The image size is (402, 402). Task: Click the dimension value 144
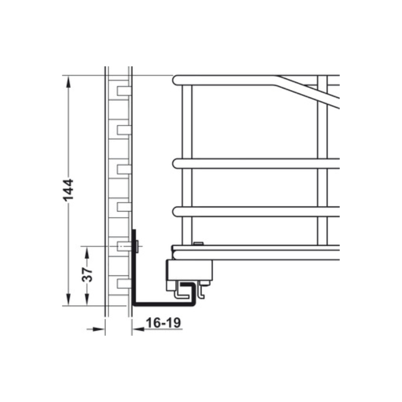(x=69, y=190)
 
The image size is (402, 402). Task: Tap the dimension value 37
(x=87, y=275)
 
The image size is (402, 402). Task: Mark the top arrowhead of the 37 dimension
(x=87, y=250)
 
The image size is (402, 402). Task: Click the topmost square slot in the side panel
(x=124, y=91)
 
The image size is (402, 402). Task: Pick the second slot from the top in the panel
(x=124, y=130)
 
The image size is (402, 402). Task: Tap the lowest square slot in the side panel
(x=124, y=284)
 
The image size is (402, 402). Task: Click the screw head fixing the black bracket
(x=137, y=246)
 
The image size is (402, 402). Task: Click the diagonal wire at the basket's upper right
(x=309, y=91)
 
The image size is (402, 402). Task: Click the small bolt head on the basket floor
(x=198, y=244)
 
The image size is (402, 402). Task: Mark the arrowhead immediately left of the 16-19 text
(x=136, y=329)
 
